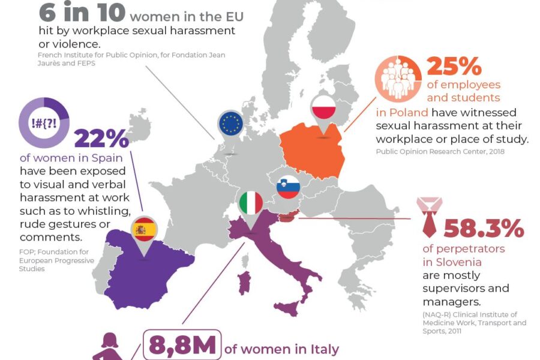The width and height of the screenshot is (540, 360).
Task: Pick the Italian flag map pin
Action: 251,204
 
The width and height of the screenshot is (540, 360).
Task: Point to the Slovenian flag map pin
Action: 288,187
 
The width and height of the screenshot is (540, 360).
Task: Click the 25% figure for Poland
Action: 454,67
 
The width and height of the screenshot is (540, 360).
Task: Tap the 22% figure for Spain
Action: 101,139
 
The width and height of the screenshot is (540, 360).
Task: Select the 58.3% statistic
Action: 484,228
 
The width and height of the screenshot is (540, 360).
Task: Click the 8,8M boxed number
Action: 182,346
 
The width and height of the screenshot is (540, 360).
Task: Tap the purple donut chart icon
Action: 44,122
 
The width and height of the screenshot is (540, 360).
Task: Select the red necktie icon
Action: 429,217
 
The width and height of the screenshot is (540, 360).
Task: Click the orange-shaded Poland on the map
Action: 312,150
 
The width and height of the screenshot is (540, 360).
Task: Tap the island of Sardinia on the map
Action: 244,283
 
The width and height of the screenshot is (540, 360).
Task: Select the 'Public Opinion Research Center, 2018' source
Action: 440,152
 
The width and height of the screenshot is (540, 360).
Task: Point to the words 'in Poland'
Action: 402,113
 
